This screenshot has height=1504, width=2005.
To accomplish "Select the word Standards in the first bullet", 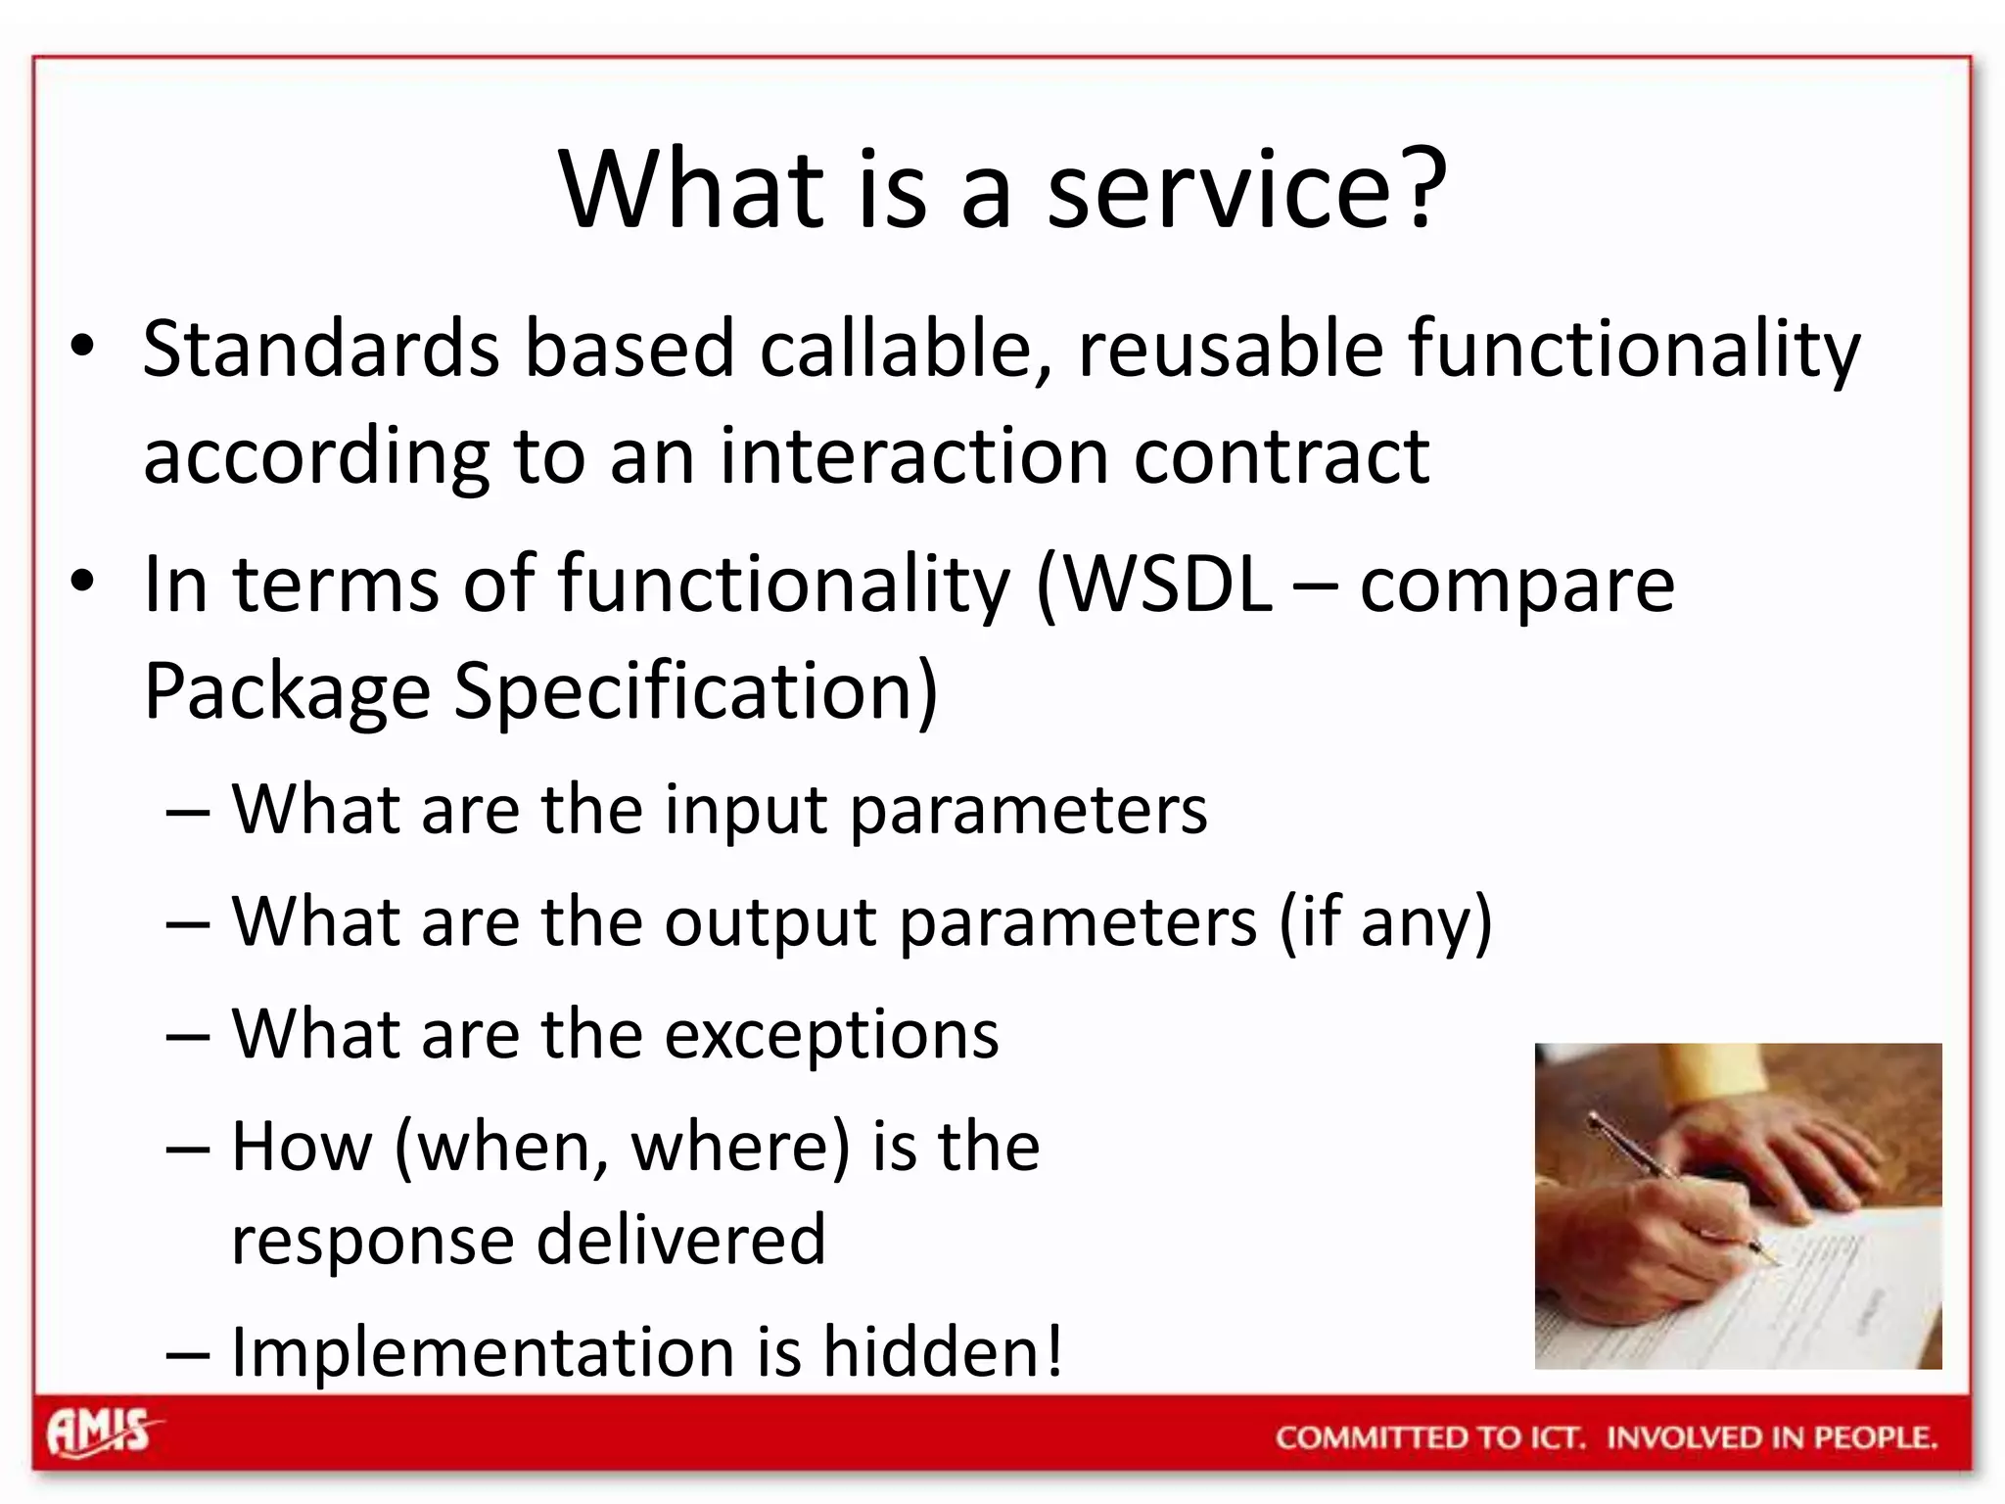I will click(x=321, y=350).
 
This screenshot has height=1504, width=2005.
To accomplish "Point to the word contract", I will click(x=1282, y=457).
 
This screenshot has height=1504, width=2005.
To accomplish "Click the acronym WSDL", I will click(x=1165, y=586).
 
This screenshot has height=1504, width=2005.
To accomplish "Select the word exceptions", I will click(x=831, y=1036).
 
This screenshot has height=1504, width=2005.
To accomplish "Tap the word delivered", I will click(x=681, y=1241).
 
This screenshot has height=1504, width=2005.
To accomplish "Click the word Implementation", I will click(x=483, y=1353).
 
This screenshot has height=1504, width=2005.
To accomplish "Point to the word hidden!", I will click(x=942, y=1353).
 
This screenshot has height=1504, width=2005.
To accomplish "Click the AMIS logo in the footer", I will click(x=102, y=1433).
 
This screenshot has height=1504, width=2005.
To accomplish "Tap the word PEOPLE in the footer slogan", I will click(x=1875, y=1437).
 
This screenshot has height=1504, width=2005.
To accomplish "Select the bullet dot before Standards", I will click(x=83, y=347).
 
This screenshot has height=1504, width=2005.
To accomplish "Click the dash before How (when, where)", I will click(x=188, y=1149).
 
